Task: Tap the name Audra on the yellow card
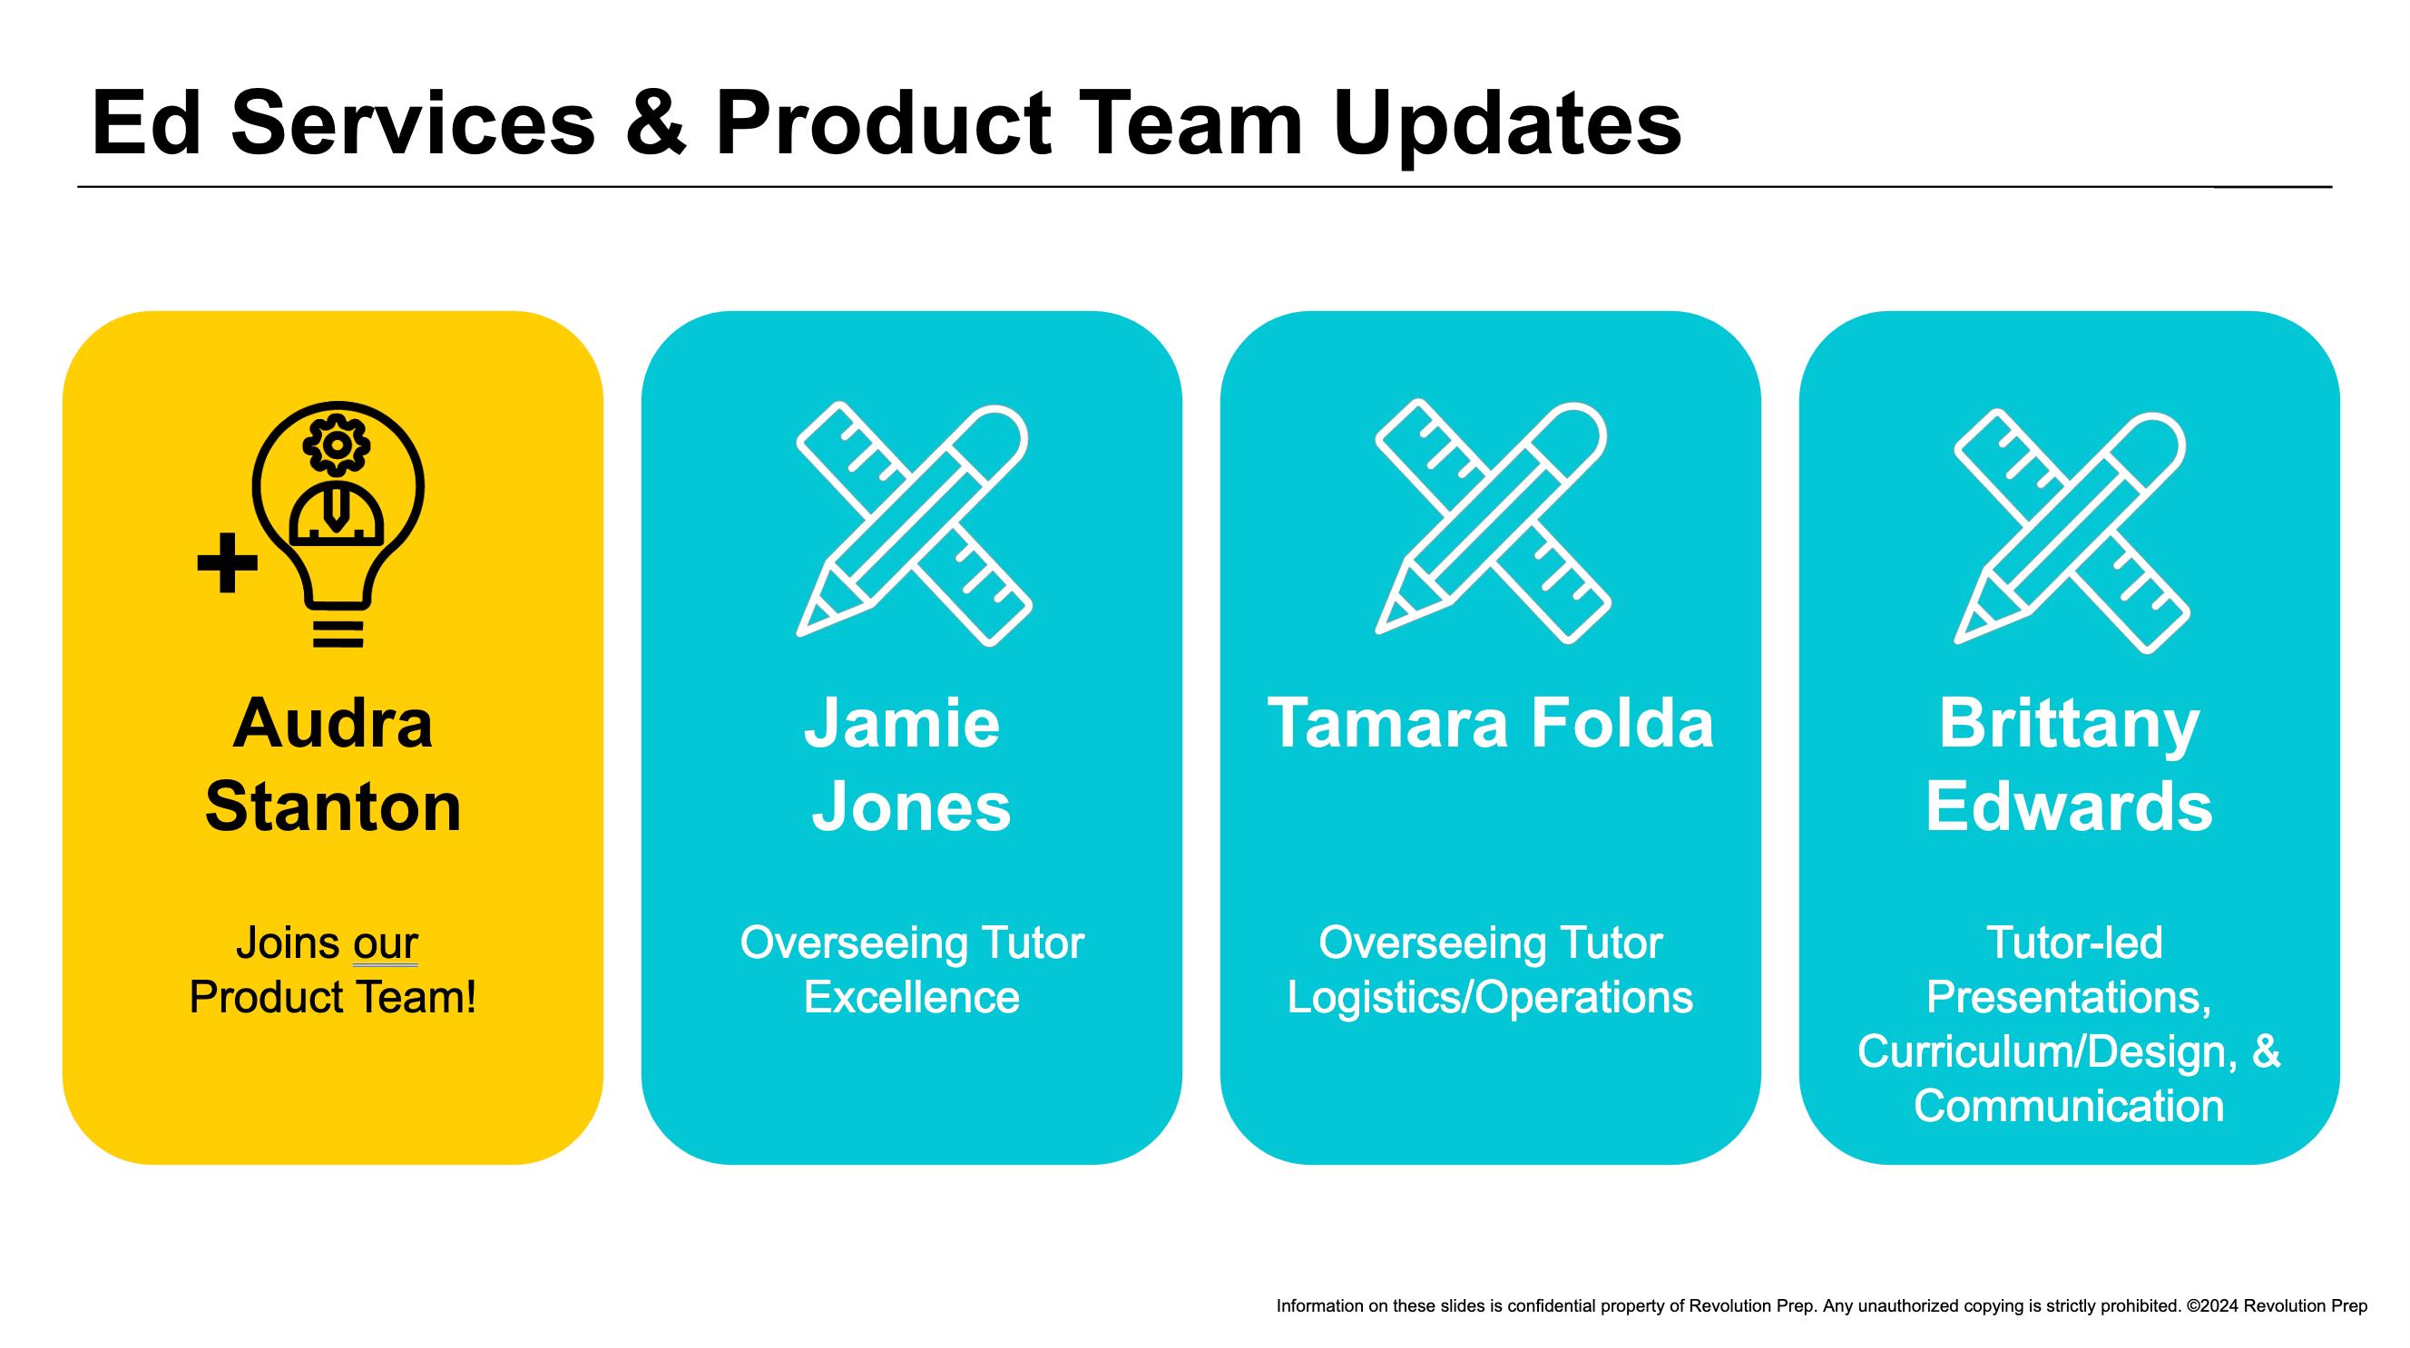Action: pyautogui.click(x=333, y=723)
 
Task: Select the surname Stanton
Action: pyautogui.click(x=333, y=806)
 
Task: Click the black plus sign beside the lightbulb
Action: pyautogui.click(x=228, y=563)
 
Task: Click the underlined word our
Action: pyautogui.click(x=386, y=943)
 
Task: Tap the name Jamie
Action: pyautogui.click(x=902, y=723)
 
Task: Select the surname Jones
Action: pyautogui.click(x=911, y=806)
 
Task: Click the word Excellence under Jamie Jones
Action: pyautogui.click(x=911, y=997)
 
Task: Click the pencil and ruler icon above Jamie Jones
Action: pyautogui.click(x=913, y=523)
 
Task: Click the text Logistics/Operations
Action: pyautogui.click(x=1490, y=997)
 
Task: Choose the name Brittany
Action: pyautogui.click(x=2070, y=725)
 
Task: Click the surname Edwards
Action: pyautogui.click(x=2070, y=806)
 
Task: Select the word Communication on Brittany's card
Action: pyautogui.click(x=2070, y=1106)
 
